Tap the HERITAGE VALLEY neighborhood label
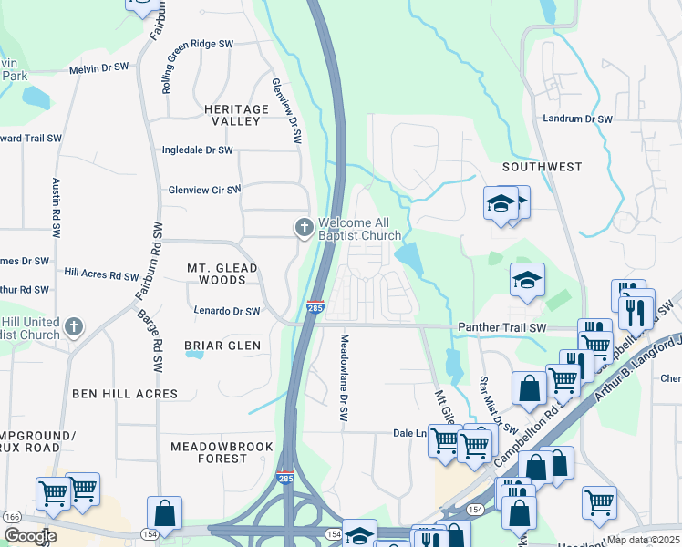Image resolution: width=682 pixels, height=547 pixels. tap(228, 115)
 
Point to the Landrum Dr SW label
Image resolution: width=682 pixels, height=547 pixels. tap(578, 119)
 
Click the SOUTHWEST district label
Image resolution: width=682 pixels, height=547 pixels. tap(542, 167)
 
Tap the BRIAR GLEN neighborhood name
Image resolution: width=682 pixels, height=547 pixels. tap(222, 346)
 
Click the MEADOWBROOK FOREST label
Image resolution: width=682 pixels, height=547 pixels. tap(209, 452)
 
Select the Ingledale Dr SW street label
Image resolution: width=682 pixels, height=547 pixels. tap(197, 150)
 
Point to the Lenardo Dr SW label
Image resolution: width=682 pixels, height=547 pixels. tap(227, 311)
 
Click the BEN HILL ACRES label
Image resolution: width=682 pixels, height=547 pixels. tap(125, 393)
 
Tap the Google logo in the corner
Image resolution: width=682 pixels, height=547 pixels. tap(30, 536)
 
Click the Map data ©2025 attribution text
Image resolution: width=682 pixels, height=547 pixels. tap(643, 540)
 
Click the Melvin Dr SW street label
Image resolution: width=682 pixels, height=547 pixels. tap(102, 69)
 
